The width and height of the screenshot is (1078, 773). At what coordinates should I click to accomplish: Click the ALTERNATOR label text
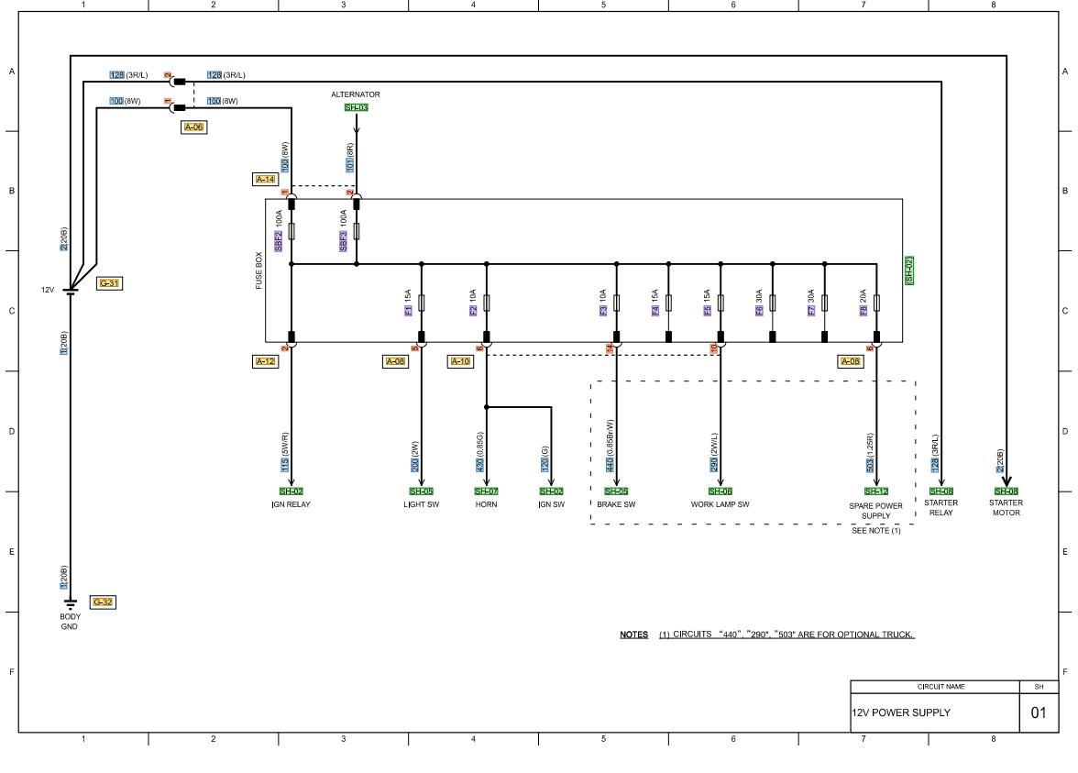point(356,94)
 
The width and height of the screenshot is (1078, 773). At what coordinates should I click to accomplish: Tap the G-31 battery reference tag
point(109,283)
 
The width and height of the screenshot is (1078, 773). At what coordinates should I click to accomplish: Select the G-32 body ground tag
point(103,602)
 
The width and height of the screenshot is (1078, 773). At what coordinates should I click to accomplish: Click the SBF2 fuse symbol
point(291,231)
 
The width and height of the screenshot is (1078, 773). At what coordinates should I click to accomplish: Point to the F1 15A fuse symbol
point(422,303)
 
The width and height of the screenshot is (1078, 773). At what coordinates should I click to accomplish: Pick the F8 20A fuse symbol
point(877,303)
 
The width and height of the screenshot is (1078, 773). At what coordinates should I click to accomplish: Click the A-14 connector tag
point(264,180)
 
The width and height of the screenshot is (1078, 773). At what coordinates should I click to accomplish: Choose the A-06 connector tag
point(193,127)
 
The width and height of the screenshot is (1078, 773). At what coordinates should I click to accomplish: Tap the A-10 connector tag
point(460,362)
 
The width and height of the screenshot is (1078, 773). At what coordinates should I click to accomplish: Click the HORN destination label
point(486,504)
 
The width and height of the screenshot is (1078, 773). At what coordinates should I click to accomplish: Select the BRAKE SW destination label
point(616,504)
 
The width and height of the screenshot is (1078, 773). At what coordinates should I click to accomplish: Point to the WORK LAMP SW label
point(720,504)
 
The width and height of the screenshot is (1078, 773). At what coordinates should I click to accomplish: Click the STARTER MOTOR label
point(1006,508)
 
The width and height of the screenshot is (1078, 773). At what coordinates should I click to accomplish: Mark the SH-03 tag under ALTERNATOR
point(356,107)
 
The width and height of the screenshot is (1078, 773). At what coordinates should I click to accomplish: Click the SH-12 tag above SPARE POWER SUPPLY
point(876,491)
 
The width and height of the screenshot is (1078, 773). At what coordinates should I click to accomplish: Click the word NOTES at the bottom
point(633,635)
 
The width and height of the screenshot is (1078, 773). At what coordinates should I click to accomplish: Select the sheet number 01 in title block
point(1038,712)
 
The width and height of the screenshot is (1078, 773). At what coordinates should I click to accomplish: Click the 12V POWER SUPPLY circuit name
point(901,712)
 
